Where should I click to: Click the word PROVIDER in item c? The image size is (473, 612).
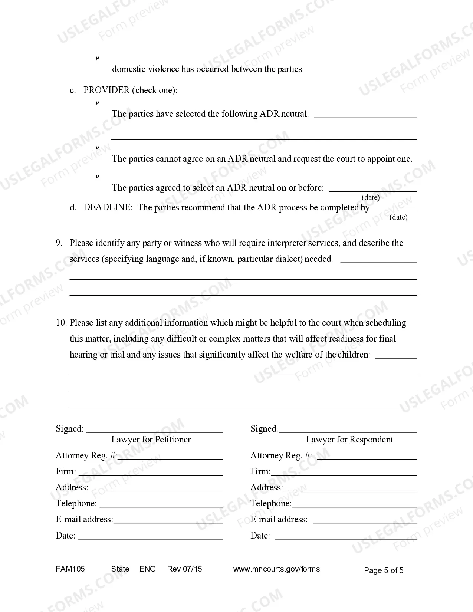click(106, 90)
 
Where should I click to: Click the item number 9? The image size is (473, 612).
click(59, 243)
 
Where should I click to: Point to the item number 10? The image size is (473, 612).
click(61, 323)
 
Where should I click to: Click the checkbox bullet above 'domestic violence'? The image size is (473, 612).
click(98, 58)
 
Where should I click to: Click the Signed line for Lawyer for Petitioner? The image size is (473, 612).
click(154, 430)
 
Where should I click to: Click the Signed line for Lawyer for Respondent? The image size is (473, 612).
click(348, 430)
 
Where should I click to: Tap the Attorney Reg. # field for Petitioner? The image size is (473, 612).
click(170, 457)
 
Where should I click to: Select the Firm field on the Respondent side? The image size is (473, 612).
click(344, 473)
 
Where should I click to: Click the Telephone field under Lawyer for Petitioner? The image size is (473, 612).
click(161, 504)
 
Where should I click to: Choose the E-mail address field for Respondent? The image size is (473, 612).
click(365, 520)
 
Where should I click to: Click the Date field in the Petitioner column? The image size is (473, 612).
click(150, 536)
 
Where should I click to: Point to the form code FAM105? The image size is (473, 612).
click(70, 569)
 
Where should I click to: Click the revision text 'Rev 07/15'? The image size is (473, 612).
click(184, 569)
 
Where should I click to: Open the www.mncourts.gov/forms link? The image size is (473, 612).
click(276, 569)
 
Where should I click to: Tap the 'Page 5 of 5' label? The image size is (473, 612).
click(384, 570)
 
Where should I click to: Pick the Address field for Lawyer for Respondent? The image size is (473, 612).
click(350, 488)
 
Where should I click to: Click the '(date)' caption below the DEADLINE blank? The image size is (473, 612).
click(398, 217)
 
